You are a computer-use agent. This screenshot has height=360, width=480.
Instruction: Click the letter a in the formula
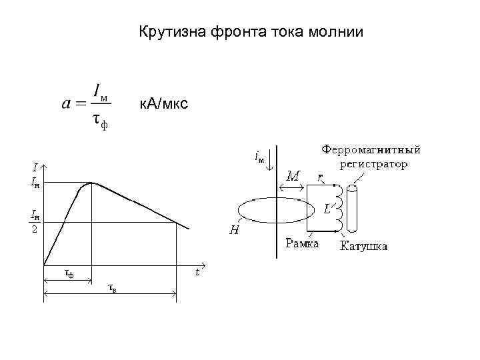click(x=66, y=103)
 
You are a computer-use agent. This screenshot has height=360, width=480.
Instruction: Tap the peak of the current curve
click(x=92, y=183)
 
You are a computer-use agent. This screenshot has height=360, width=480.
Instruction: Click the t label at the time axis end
click(x=197, y=271)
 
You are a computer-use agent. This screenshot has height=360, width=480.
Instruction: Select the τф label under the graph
click(x=68, y=273)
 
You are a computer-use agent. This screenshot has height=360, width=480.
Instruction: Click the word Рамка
click(x=302, y=243)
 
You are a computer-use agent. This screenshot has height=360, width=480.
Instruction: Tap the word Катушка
click(x=364, y=247)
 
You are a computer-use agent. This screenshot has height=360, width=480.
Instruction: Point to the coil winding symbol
click(x=339, y=206)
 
